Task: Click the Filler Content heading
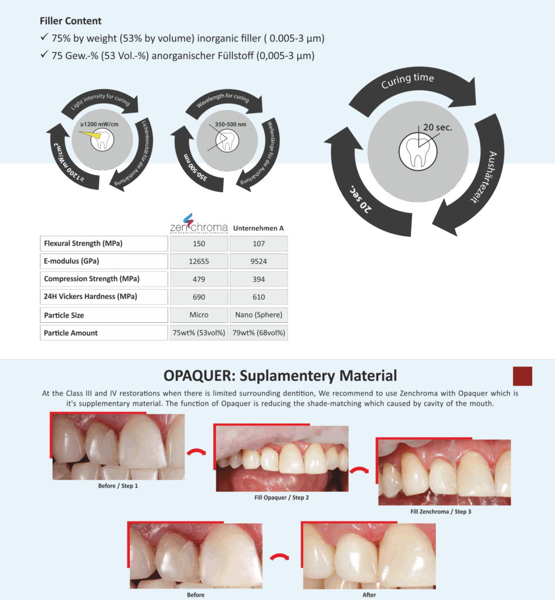pyautogui.click(x=70, y=21)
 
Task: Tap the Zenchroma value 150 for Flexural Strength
pyautogui.click(x=199, y=244)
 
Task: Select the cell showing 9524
pyautogui.click(x=258, y=261)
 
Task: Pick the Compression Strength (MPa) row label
pyautogui.click(x=92, y=279)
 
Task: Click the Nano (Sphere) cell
pyautogui.click(x=258, y=315)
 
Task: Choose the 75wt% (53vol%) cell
pyautogui.click(x=199, y=333)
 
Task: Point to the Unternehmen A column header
pyautogui.click(x=258, y=227)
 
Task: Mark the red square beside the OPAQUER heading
pyautogui.click(x=522, y=376)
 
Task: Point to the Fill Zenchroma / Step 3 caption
pyautogui.click(x=441, y=512)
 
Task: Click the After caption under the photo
pyautogui.click(x=369, y=595)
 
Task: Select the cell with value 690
pyautogui.click(x=199, y=297)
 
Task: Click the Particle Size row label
pyautogui.click(x=64, y=315)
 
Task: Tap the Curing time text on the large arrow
pyautogui.click(x=408, y=81)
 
